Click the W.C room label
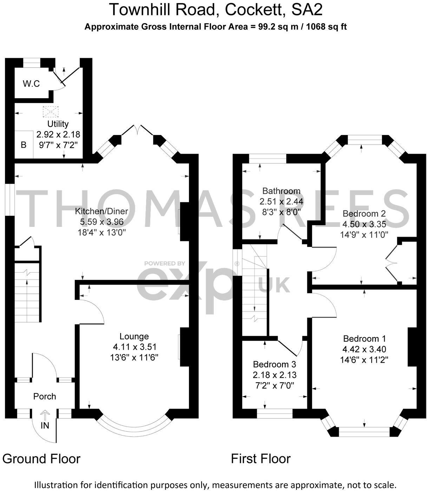point(31,84)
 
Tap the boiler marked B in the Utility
point(24,145)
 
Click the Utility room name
point(58,124)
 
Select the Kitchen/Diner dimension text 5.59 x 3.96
point(101,222)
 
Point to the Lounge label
point(134,336)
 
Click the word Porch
point(45,396)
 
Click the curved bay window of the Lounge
point(134,430)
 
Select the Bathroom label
point(281,191)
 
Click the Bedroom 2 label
point(364,214)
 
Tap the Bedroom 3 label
point(274,364)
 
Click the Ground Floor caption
point(41,459)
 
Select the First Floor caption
point(261,459)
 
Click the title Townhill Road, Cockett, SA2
point(216,10)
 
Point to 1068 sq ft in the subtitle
point(327,27)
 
